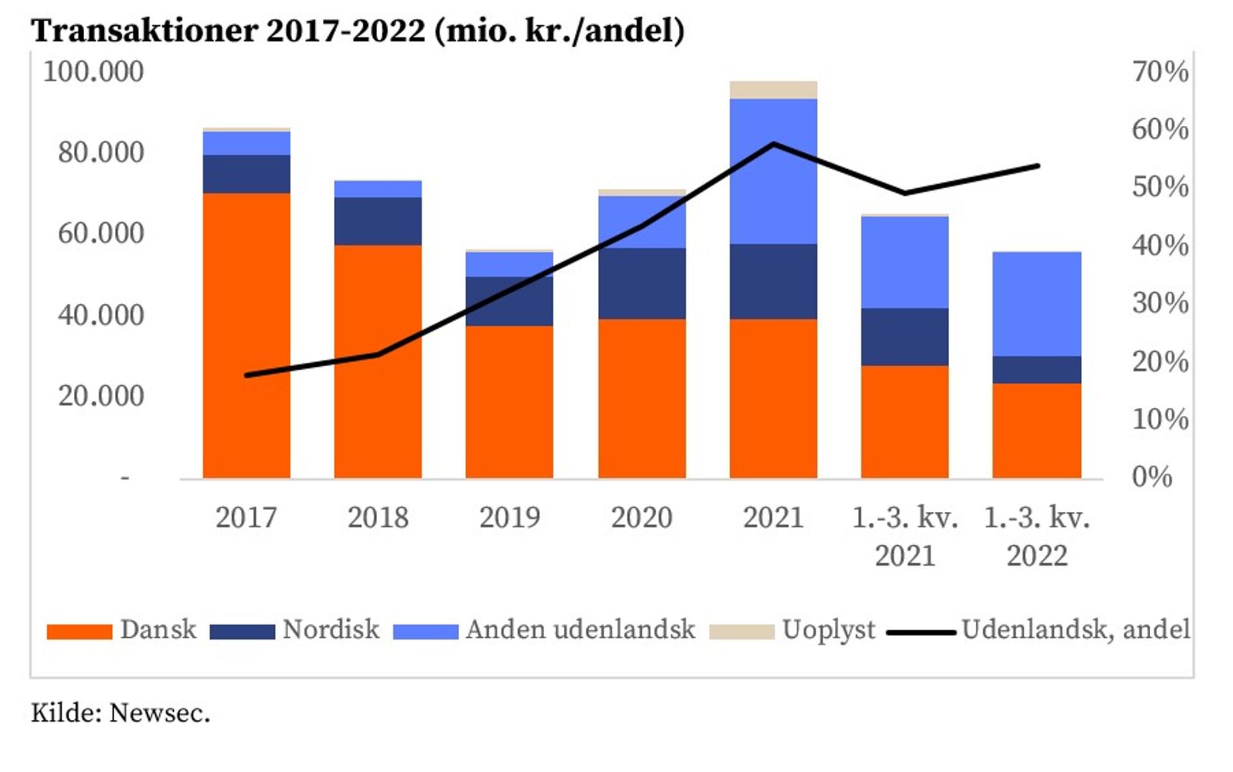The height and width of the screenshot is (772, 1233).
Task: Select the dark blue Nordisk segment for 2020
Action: pyautogui.click(x=642, y=283)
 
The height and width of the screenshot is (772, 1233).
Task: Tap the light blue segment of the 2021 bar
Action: pyautogui.click(x=773, y=193)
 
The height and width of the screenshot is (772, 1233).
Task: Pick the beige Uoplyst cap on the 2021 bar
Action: pyautogui.click(x=773, y=90)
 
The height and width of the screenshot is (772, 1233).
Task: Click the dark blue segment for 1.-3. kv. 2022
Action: pyautogui.click(x=1036, y=370)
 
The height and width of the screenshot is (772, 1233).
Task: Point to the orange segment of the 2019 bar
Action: pyautogui.click(x=509, y=401)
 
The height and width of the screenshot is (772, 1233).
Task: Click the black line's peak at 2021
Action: pyautogui.click(x=774, y=144)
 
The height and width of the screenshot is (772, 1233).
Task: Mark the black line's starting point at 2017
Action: pyautogui.click(x=247, y=375)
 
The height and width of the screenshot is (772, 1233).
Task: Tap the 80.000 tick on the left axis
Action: pyautogui.click(x=101, y=152)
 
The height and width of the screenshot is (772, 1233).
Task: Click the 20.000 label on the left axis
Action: pyautogui.click(x=101, y=396)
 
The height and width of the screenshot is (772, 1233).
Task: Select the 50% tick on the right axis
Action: pyautogui.click(x=1160, y=187)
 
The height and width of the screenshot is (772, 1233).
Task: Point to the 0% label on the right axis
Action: pyautogui.click(x=1151, y=477)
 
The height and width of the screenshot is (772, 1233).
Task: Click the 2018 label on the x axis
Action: pyautogui.click(x=378, y=518)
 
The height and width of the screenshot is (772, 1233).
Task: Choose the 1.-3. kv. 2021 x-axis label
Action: pyautogui.click(x=905, y=536)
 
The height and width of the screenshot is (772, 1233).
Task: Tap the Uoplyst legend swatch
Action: pyautogui.click(x=742, y=631)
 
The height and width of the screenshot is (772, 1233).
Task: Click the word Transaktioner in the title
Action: pyautogui.click(x=144, y=30)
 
